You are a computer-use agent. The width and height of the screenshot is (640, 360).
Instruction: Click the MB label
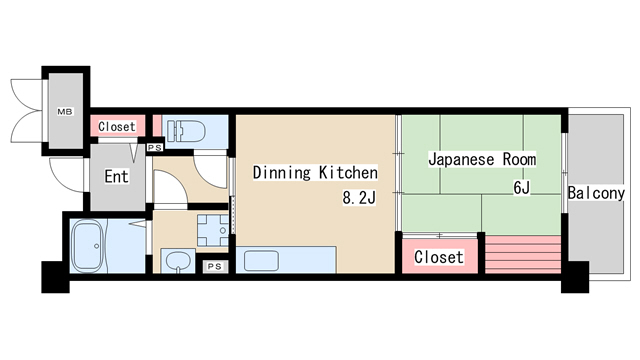pos(63,112)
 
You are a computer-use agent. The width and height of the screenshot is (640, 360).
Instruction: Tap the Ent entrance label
pos(116,178)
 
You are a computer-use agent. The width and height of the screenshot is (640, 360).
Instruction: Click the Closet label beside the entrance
pos(116,127)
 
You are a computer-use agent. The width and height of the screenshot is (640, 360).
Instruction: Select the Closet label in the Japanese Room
pos(438,257)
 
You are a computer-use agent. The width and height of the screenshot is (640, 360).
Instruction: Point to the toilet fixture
pos(184,130)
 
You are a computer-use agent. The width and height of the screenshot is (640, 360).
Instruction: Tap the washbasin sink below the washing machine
pos(177,263)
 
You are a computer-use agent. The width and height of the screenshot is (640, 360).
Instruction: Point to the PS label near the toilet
pos(154,148)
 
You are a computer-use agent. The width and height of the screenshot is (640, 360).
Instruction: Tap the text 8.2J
pos(358,198)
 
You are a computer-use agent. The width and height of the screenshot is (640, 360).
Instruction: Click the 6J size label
pos(521,188)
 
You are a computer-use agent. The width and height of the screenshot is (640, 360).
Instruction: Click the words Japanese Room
pos(482,159)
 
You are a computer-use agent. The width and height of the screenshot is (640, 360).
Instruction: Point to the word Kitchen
pos(349,171)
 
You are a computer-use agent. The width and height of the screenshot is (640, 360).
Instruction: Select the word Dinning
pos(283,171)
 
